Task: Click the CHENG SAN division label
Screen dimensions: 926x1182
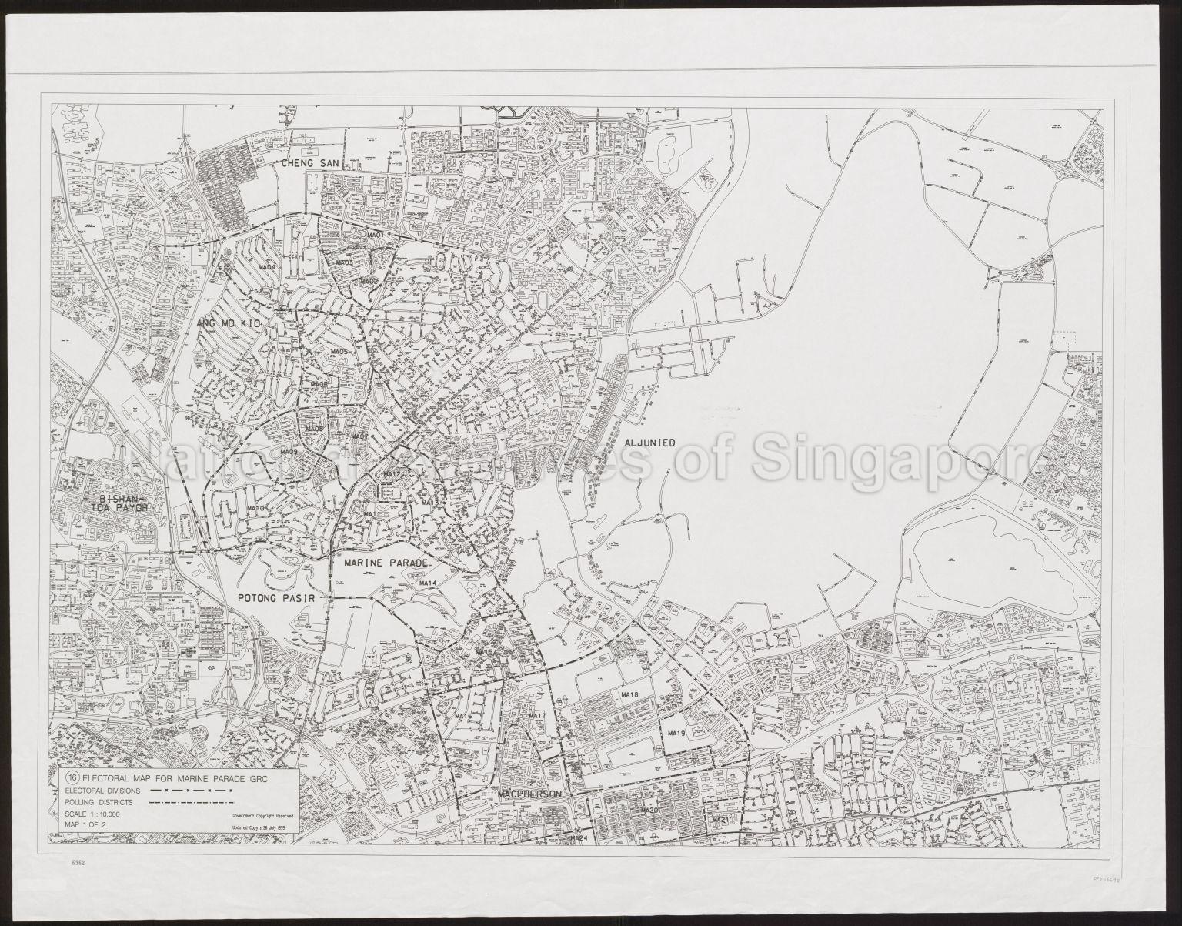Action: tap(309, 163)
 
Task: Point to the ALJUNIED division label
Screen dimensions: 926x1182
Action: tap(649, 443)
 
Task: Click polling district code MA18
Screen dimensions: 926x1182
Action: tap(629, 695)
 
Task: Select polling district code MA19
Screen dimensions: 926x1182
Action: tap(676, 734)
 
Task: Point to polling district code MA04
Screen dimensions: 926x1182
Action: tap(267, 267)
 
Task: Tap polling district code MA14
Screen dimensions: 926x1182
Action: tap(428, 583)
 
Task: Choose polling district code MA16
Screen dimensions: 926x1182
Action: tap(462, 716)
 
